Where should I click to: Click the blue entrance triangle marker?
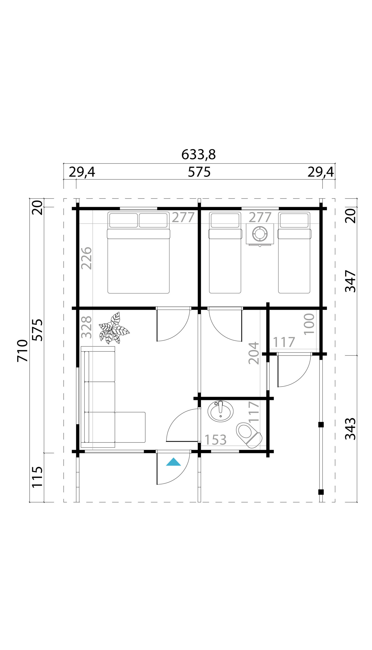[x=173, y=462]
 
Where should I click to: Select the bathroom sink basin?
[x=220, y=411]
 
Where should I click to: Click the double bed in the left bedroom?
[x=139, y=253]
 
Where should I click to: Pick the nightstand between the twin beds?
[x=260, y=234]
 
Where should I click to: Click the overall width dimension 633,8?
[x=199, y=155]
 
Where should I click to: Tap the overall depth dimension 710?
[x=22, y=350]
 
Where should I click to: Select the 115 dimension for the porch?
[x=37, y=477]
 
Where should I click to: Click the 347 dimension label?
[x=350, y=281]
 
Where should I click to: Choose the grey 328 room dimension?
[x=86, y=327]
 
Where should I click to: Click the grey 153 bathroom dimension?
[x=216, y=440]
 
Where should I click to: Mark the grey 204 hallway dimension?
[x=254, y=353]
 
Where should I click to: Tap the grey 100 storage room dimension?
[x=309, y=324]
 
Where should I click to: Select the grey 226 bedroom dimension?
[x=86, y=258]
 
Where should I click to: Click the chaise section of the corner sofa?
[x=130, y=427]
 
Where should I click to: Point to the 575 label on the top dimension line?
[x=199, y=172]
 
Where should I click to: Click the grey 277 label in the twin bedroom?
[x=260, y=217]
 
